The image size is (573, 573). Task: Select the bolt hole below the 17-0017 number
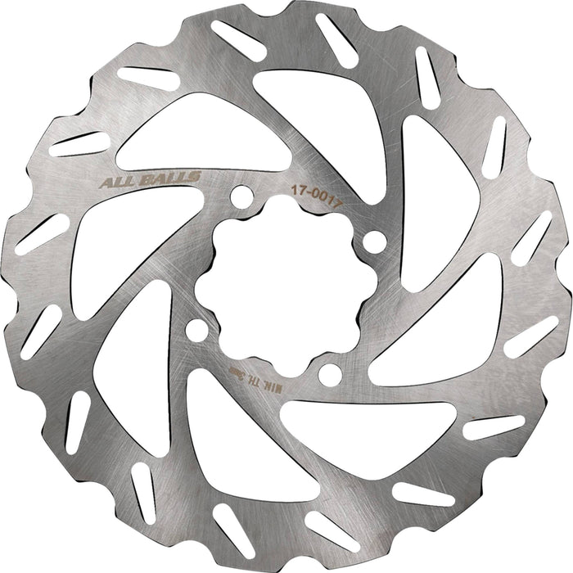pyautogui.click(x=373, y=242)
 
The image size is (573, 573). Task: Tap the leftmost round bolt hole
pyautogui.click(x=196, y=330)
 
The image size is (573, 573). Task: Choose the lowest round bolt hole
pyautogui.click(x=329, y=375)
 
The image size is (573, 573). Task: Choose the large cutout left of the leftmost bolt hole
pyautogui.click(x=131, y=360)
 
